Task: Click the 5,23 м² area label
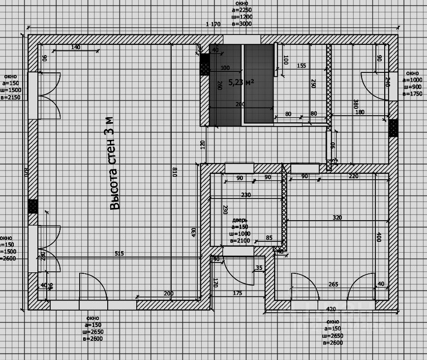(x=241, y=82)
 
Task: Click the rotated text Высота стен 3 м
(x=113, y=163)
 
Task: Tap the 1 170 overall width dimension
(x=213, y=25)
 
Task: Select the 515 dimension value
(x=119, y=254)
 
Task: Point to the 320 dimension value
(x=336, y=217)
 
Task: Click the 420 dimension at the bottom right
(x=331, y=310)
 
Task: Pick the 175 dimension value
(x=237, y=294)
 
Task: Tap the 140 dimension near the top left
(x=75, y=47)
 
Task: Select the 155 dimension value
(x=302, y=65)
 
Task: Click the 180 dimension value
(x=360, y=112)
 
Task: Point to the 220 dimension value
(x=353, y=176)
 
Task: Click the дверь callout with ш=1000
(x=240, y=230)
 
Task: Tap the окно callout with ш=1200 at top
(x=242, y=13)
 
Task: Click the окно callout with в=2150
(x=11, y=87)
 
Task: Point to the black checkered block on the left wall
(x=33, y=206)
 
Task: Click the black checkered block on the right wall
(x=393, y=128)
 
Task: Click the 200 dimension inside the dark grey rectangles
(x=240, y=104)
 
